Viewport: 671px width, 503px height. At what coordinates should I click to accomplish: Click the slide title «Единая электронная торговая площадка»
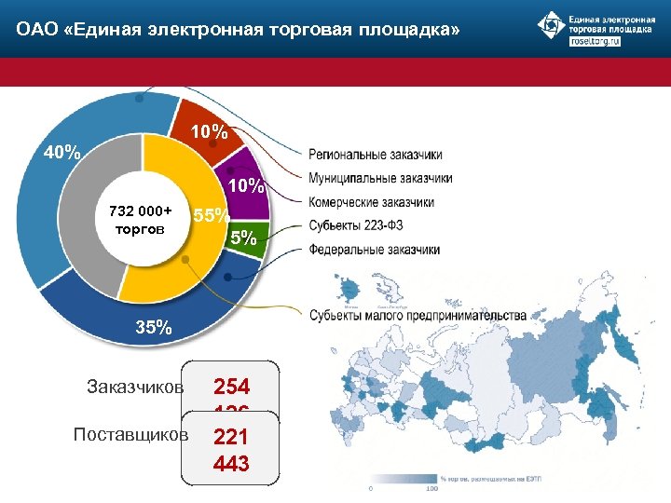(238, 32)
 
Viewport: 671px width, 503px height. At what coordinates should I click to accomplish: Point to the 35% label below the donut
(153, 327)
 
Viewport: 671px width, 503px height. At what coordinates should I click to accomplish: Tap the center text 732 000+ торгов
(140, 220)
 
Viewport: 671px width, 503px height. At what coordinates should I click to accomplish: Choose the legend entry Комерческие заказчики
(371, 201)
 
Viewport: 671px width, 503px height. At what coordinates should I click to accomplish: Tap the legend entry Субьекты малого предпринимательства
(418, 316)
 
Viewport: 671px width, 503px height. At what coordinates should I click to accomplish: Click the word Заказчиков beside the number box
(135, 386)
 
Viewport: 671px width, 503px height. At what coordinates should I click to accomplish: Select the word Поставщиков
(130, 435)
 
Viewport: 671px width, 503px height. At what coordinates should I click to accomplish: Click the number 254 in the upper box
(231, 386)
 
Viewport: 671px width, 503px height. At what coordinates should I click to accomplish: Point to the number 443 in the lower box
(231, 463)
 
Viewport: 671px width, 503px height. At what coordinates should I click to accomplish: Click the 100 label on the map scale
(431, 488)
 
